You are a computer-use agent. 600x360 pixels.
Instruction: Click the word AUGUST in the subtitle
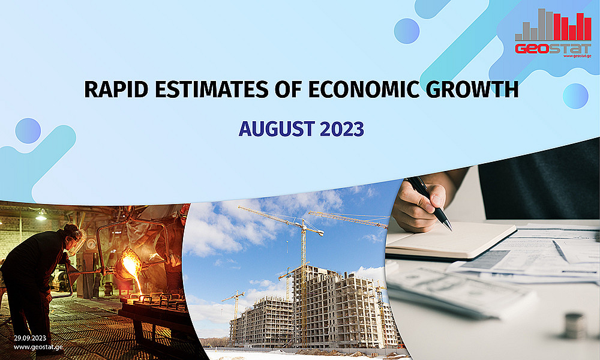(x=277, y=129)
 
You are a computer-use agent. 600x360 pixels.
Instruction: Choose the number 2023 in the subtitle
(x=342, y=129)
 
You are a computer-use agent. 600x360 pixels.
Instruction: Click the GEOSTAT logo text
(x=553, y=49)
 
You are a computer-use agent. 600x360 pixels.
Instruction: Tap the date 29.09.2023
(x=30, y=338)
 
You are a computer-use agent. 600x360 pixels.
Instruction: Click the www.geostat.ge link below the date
(x=38, y=347)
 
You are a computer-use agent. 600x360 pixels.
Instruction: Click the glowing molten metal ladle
(x=129, y=263)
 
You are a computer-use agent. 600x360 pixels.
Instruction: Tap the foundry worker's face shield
(x=77, y=241)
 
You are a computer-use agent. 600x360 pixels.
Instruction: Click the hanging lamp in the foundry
(x=41, y=215)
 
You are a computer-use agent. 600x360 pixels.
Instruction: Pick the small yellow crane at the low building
(x=234, y=304)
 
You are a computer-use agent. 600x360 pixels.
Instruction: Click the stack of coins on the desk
(x=575, y=326)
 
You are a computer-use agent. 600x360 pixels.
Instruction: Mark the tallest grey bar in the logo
(x=542, y=24)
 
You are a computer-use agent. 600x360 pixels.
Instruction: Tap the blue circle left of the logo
(x=407, y=31)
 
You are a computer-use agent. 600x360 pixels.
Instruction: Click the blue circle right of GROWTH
(x=575, y=95)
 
